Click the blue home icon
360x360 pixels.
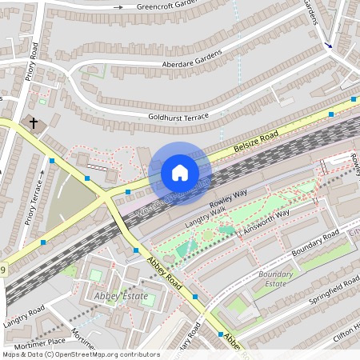(x=180, y=173)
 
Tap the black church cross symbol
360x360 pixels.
(x=34, y=124)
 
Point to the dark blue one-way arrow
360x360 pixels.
(x=329, y=46)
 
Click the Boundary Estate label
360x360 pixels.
(x=276, y=278)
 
